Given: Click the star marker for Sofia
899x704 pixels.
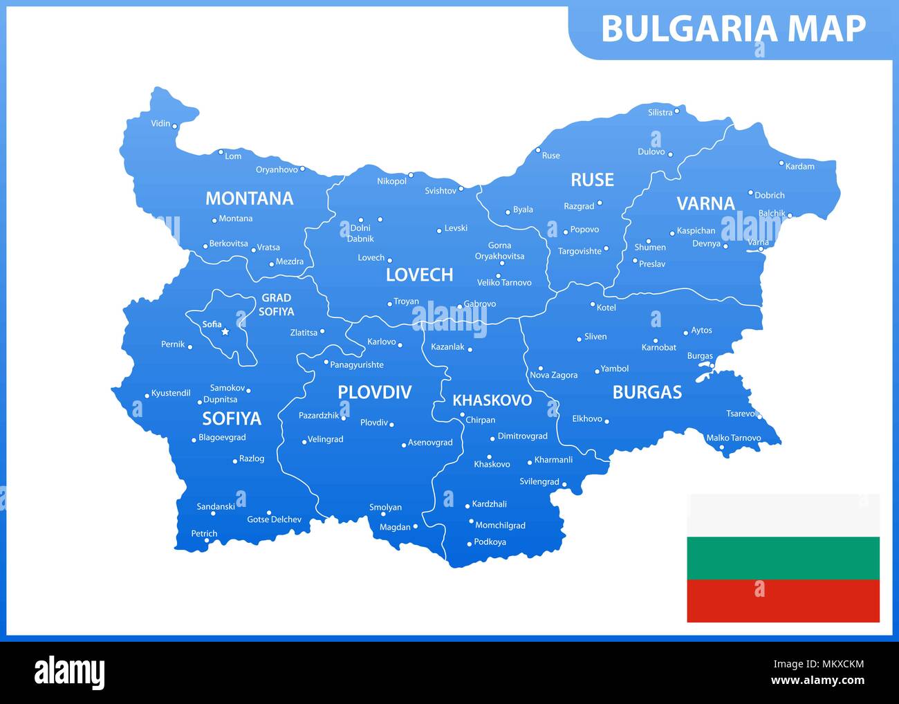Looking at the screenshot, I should (x=225, y=332).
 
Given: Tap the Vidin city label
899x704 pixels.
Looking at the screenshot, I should (x=160, y=124).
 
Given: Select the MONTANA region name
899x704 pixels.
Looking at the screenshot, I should (x=249, y=198).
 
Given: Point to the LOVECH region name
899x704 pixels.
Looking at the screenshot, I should (x=419, y=275).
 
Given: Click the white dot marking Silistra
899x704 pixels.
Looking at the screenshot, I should (x=677, y=111).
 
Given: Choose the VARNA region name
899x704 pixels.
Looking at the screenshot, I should (x=705, y=203).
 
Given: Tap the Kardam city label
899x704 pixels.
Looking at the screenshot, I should (x=799, y=167).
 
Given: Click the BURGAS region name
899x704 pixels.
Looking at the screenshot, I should (x=647, y=393).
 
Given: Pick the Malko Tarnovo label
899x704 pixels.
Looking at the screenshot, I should (x=733, y=438).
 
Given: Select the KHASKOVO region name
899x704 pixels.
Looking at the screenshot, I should (x=492, y=400).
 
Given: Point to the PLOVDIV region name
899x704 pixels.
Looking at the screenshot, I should (x=374, y=393).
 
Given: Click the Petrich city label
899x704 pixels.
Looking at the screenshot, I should (x=204, y=533).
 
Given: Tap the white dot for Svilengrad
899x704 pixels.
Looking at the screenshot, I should (x=564, y=484).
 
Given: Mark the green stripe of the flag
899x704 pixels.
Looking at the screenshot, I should (x=783, y=558).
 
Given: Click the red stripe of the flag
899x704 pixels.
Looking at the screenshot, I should (x=783, y=601).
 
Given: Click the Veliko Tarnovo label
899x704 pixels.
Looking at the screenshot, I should (x=504, y=283).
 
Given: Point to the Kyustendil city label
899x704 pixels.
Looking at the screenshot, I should (x=170, y=393).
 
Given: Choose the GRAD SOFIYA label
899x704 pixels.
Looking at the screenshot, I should (x=276, y=305).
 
